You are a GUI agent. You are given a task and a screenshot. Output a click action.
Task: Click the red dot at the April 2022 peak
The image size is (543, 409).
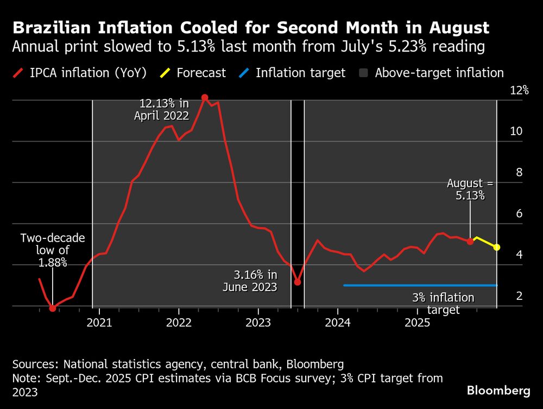click(x=205, y=98)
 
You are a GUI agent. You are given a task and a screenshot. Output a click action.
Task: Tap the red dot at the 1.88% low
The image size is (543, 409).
click(x=53, y=309)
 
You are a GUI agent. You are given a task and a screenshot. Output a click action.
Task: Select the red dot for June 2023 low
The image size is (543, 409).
click(x=298, y=282)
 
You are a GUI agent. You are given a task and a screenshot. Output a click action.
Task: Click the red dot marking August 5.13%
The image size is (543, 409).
click(x=470, y=241)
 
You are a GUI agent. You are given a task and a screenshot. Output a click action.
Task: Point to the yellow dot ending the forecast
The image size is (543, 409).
click(x=497, y=247)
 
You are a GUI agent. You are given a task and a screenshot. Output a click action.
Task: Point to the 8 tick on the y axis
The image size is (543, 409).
click(x=519, y=173)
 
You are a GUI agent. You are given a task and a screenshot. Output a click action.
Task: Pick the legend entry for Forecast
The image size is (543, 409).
click(x=194, y=73)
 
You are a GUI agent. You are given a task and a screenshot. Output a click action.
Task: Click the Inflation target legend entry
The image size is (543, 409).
click(x=294, y=73)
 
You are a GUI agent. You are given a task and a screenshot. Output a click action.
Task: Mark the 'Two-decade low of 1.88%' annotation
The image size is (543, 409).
click(x=53, y=250)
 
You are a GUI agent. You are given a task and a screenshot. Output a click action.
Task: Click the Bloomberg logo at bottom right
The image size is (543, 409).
click(x=498, y=391)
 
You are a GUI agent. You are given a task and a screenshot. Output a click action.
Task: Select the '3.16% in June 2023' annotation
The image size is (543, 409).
click(x=250, y=280)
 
